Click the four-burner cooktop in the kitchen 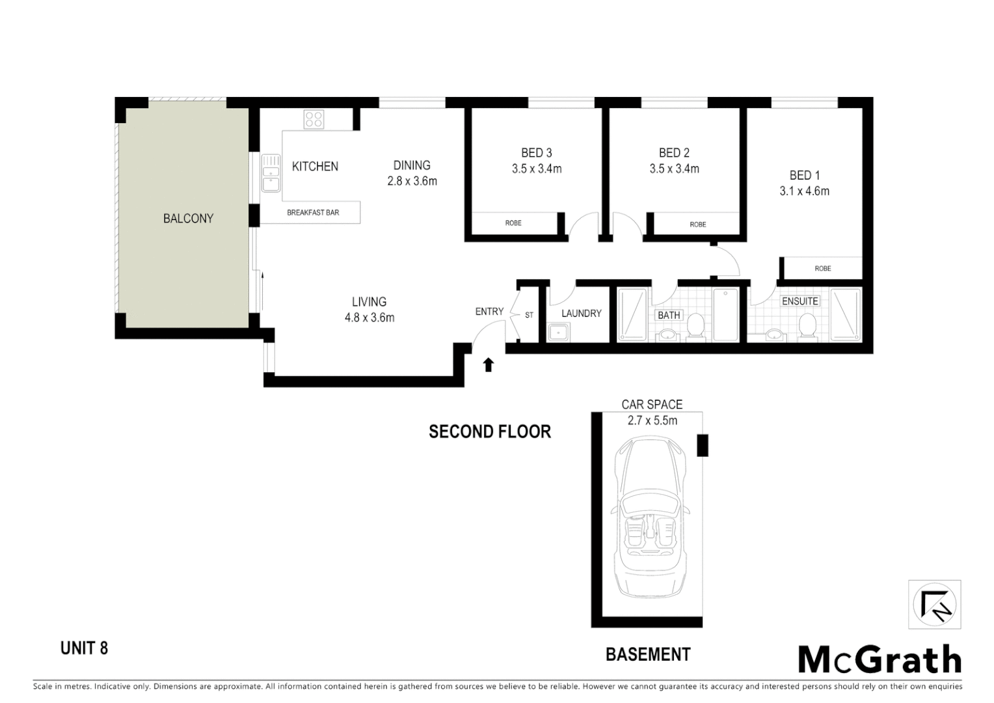coord(314,119)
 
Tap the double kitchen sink coord(271,174)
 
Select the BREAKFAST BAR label coord(313,212)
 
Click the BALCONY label coord(188,219)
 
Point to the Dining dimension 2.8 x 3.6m coord(412,182)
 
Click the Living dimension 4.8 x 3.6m coord(369,318)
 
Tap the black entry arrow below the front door coord(488,365)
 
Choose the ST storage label coord(529,315)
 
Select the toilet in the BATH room coord(695,326)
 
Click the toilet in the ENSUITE coord(808,325)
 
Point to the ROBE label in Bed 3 coord(513,223)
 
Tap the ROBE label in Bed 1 coord(822,268)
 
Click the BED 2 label coord(674,153)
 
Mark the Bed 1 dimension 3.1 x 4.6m coord(805,191)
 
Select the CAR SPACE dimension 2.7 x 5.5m coord(652,421)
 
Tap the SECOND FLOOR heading coord(490,432)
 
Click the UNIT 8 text coord(84,648)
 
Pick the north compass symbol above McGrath coord(934,605)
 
